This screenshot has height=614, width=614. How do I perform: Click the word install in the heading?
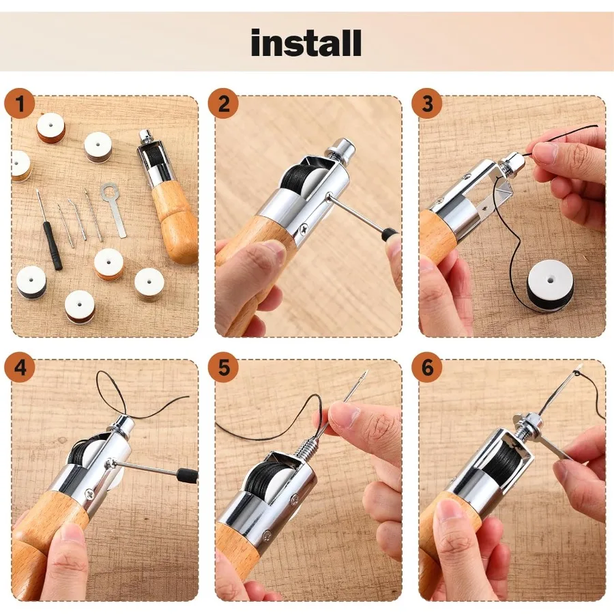click(306, 43)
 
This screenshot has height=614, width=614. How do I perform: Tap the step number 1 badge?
click(20, 104)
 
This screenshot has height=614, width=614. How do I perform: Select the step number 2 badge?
click(223, 104)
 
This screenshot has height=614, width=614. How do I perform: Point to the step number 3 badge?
click(427, 104)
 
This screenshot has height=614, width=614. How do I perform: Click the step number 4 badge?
click(20, 368)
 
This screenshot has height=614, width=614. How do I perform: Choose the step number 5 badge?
click(223, 368)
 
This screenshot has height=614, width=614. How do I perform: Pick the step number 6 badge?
click(427, 368)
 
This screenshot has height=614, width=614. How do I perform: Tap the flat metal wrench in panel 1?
click(114, 209)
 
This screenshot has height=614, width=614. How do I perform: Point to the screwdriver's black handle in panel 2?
click(390, 235)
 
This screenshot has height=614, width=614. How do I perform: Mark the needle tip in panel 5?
click(367, 371)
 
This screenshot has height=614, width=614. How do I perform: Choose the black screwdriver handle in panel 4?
click(186, 475)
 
